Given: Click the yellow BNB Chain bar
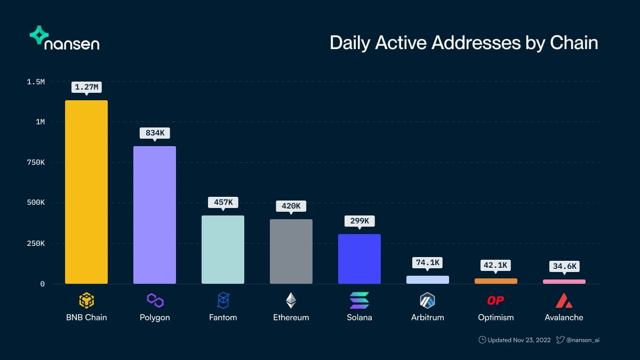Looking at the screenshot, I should click(86, 192).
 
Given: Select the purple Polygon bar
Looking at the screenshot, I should click(155, 214).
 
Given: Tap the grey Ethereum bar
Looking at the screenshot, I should click(291, 251).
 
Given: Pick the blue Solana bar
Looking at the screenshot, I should click(359, 259).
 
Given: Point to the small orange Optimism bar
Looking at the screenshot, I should click(496, 281).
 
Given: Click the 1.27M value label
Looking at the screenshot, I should click(86, 87).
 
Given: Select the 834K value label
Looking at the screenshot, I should click(155, 133).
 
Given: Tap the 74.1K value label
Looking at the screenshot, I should click(428, 262).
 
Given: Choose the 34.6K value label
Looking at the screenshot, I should click(564, 266).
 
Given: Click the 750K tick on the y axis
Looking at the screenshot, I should click(35, 162).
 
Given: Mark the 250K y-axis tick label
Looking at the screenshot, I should click(35, 243).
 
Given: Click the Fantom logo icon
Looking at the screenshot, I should click(223, 300).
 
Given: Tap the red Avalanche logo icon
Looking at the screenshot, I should click(564, 301).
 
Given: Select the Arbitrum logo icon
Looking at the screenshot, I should click(428, 300).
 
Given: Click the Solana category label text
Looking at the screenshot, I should click(359, 317).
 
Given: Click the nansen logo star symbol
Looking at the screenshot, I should click(39, 35).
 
